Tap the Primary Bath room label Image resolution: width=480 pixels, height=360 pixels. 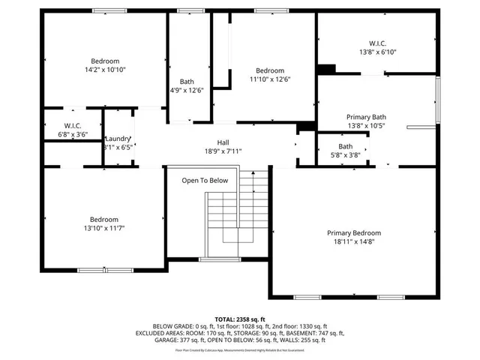366,117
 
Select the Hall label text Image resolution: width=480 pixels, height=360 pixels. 223,142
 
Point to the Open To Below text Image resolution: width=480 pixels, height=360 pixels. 205,181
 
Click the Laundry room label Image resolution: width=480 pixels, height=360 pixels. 118,139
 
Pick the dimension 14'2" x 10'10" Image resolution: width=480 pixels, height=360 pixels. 105,70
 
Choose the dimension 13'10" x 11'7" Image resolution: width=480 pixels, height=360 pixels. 105,228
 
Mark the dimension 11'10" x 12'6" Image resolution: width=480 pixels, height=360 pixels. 270,79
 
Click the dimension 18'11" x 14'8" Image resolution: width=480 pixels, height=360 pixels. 353,242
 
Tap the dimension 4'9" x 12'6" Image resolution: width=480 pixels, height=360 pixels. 187,91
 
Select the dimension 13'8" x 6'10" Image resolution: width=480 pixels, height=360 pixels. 377,52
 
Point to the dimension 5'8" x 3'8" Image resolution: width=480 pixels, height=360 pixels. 345,155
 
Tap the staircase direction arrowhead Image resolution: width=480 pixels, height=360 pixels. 253,172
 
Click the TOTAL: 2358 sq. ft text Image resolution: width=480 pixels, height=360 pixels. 240,319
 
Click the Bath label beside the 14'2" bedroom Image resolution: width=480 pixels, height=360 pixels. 187,82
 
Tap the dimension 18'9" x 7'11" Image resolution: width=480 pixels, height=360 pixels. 223,151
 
